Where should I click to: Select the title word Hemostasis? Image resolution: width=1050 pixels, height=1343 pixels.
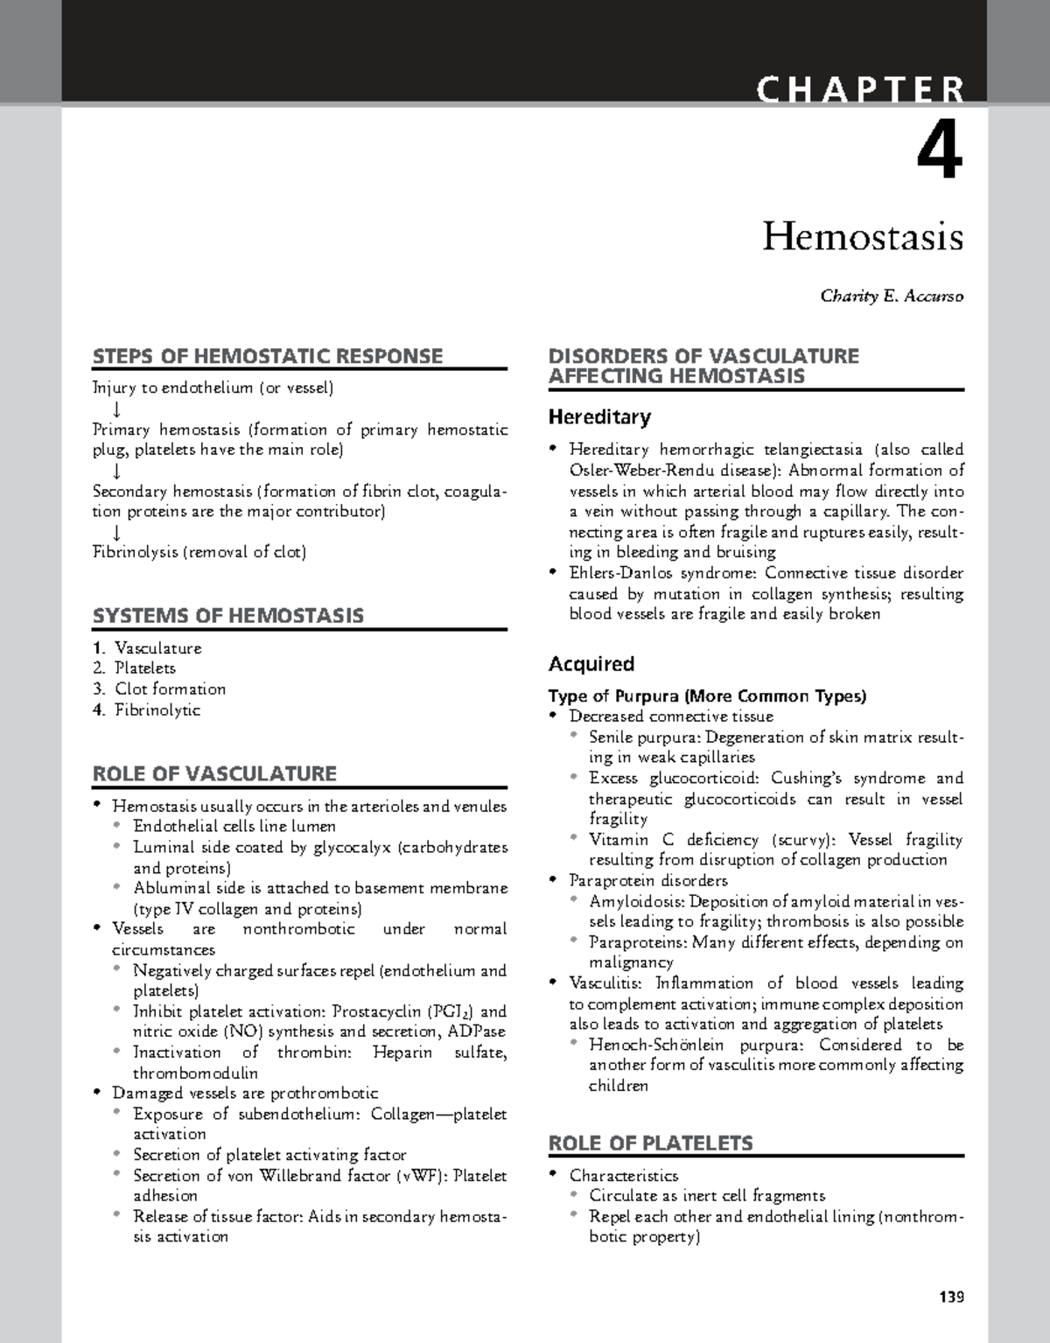tap(862, 237)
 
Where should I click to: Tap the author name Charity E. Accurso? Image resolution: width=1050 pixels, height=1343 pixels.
tap(891, 297)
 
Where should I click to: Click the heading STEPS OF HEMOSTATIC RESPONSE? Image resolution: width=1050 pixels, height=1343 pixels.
tap(268, 356)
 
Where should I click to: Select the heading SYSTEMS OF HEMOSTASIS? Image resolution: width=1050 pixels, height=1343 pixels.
tap(228, 616)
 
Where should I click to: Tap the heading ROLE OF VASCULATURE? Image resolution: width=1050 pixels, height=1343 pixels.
tap(214, 773)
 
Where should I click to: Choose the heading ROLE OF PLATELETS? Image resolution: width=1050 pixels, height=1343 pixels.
tap(649, 1144)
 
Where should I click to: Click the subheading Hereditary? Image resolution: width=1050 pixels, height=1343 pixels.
tap(598, 417)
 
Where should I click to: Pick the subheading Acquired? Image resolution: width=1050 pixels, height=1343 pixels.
tap(591, 664)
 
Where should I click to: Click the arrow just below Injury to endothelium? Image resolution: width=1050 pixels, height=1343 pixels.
tap(117, 409)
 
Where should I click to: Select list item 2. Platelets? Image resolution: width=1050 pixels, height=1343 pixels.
tap(135, 668)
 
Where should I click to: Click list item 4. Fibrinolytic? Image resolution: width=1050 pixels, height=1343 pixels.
tap(147, 710)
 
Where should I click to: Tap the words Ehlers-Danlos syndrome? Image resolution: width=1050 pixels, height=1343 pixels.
tap(663, 574)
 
